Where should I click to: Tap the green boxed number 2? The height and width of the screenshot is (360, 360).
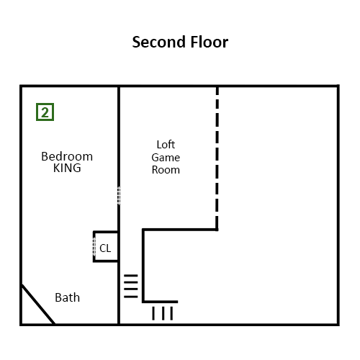click(45, 112)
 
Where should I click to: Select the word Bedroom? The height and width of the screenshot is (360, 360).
click(67, 156)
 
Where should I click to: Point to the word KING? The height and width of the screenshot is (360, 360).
click(67, 168)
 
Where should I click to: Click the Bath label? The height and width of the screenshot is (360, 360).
click(68, 297)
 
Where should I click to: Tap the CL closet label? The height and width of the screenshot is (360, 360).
click(105, 248)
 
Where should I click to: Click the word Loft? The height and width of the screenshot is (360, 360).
click(166, 145)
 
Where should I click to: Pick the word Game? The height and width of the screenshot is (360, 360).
click(166, 158)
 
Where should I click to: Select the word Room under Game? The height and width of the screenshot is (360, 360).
click(166, 170)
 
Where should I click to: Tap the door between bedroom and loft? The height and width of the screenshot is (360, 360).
click(119, 196)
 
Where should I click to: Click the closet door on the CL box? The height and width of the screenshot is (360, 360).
click(94, 247)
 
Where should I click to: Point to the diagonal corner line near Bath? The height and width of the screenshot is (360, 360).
click(38, 305)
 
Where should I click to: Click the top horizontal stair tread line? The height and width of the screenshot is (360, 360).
click(131, 276)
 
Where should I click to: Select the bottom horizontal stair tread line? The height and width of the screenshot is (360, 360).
click(131, 297)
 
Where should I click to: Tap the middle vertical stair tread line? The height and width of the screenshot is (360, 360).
click(163, 313)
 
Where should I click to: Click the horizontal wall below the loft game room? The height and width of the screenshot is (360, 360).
click(180, 230)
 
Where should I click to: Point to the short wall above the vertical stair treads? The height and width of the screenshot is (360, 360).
click(160, 302)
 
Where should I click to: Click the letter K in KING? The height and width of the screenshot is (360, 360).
click(56, 168)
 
